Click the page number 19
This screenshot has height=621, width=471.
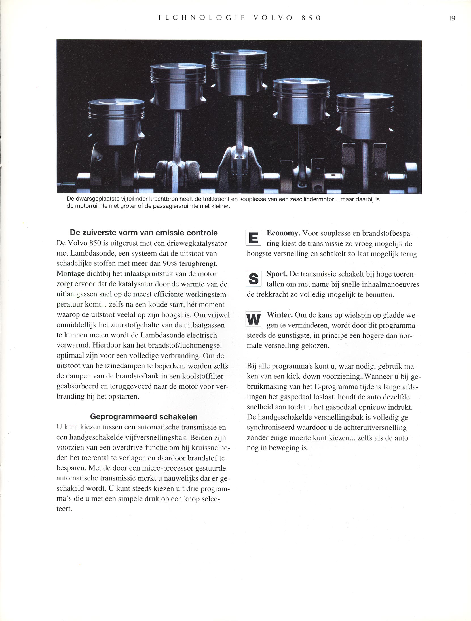click(452, 18)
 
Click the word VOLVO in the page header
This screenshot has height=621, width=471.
click(273, 18)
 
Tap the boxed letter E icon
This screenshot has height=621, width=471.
click(253, 238)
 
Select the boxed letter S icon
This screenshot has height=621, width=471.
click(253, 278)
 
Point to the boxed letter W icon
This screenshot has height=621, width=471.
click(253, 320)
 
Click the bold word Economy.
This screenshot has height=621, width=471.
click(283, 233)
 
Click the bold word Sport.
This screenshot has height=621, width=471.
click(277, 274)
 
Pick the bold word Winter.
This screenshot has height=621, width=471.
click(280, 315)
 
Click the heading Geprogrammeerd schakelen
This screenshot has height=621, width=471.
click(144, 416)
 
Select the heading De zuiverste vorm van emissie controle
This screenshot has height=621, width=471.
click(144, 233)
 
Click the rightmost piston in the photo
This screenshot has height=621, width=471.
click(365, 116)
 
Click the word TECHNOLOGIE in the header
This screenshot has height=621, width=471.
click(201, 18)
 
